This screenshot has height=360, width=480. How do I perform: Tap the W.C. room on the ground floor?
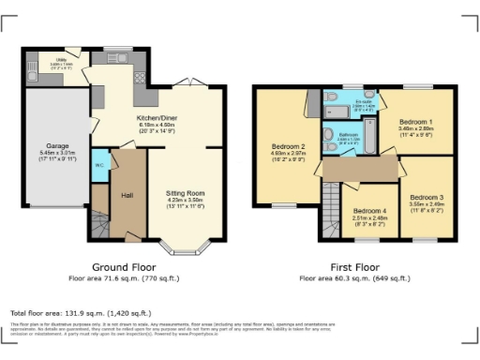click(x=98, y=170)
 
